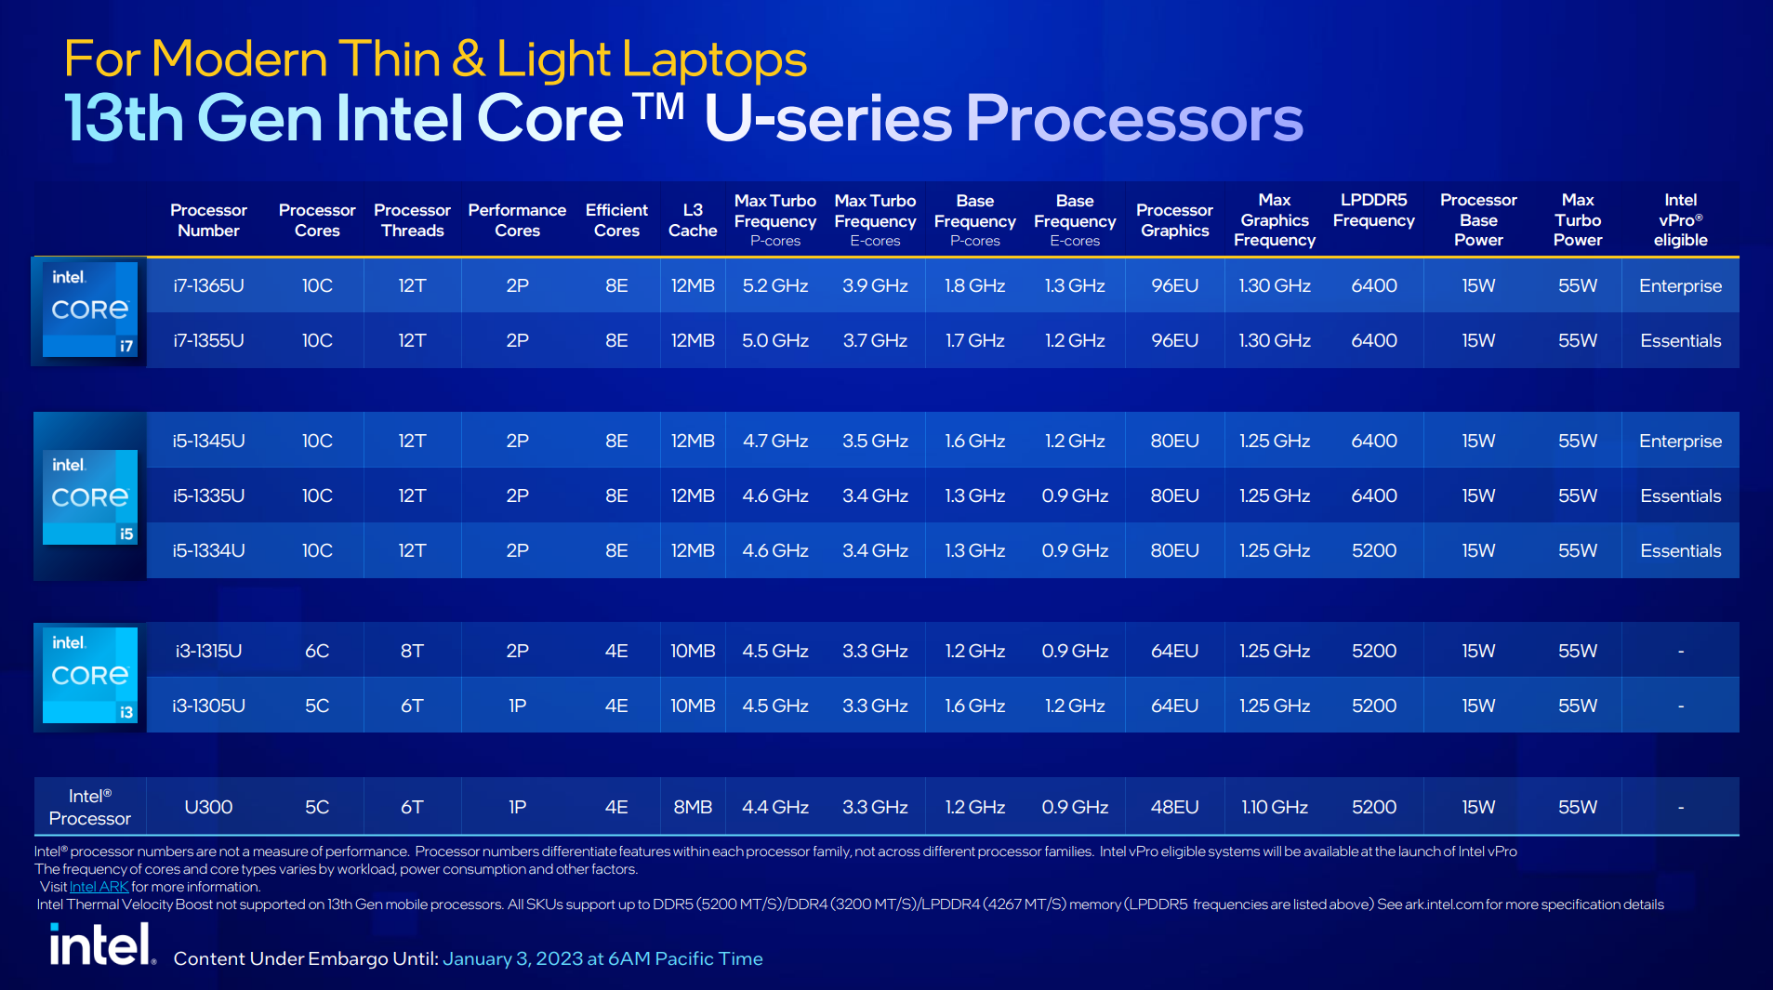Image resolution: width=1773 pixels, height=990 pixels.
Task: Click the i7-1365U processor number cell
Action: click(208, 285)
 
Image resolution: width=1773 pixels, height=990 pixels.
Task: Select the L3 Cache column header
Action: click(693, 220)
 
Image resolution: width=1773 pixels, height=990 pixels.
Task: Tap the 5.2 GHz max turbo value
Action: click(774, 285)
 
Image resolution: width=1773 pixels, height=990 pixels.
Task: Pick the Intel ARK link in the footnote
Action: click(99, 887)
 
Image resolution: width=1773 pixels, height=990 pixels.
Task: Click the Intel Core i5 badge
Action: click(90, 497)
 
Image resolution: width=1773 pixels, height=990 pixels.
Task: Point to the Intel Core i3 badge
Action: click(90, 676)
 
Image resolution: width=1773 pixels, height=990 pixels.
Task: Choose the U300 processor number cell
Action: click(208, 807)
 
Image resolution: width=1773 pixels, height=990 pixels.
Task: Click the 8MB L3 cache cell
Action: click(693, 807)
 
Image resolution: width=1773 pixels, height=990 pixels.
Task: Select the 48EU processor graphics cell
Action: click(1174, 807)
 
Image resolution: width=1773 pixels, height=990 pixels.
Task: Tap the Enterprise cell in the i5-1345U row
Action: click(1680, 441)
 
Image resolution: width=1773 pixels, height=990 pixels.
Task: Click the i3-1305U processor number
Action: click(208, 706)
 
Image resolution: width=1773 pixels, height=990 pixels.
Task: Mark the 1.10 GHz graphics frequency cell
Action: click(1274, 807)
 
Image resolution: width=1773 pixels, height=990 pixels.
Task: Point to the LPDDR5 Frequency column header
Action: click(1373, 210)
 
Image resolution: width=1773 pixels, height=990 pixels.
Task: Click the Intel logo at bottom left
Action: click(101, 945)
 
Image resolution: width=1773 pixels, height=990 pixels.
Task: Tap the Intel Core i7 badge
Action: click(90, 310)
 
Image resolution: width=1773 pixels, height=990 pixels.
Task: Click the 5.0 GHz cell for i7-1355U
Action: click(774, 340)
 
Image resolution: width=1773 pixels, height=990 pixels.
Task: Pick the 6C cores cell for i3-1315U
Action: click(317, 651)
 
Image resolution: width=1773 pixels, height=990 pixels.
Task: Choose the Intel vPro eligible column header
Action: click(1680, 220)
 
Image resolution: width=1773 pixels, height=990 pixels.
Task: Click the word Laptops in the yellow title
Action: click(714, 59)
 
